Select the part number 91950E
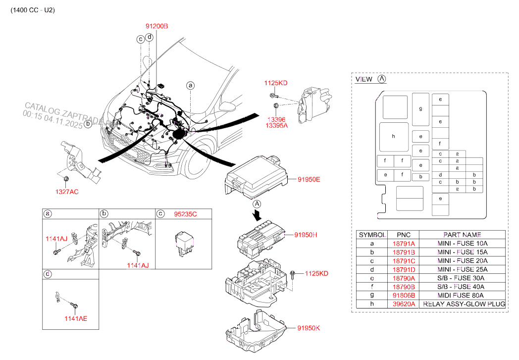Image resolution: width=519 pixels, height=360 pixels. pyautogui.click(x=309, y=179)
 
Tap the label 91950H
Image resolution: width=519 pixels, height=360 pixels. pyautogui.click(x=306, y=235)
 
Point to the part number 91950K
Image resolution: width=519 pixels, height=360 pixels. pyautogui.click(x=309, y=328)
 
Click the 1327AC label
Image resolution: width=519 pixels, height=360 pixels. pyautogui.click(x=66, y=191)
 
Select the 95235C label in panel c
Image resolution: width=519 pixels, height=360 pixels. pyautogui.click(x=185, y=214)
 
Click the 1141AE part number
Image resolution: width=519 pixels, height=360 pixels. pyautogui.click(x=75, y=318)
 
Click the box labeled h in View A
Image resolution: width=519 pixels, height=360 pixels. pyautogui.click(x=394, y=137)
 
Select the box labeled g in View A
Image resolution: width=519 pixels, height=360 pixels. pyautogui.click(x=420, y=109)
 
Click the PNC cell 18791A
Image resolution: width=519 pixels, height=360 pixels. pyautogui.click(x=404, y=244)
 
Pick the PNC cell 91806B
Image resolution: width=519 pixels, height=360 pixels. pyautogui.click(x=404, y=295)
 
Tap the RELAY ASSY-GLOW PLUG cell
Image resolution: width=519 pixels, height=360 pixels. pyautogui.click(x=463, y=304)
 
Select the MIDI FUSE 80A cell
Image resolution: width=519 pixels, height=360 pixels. pyautogui.click(x=463, y=295)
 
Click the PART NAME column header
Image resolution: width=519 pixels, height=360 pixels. pyautogui.click(x=463, y=234)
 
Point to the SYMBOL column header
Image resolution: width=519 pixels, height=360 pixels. pyautogui.click(x=372, y=234)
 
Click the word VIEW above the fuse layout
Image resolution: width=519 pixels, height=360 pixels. pyautogui.click(x=364, y=79)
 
